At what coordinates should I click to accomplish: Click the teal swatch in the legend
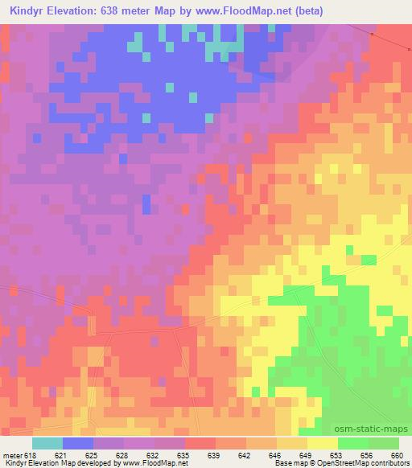pyautogui.click(x=47, y=443)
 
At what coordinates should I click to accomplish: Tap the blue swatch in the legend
pyautogui.click(x=78, y=443)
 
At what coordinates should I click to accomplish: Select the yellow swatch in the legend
pyautogui.click(x=322, y=443)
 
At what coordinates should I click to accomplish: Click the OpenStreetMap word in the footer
pyautogui.click(x=347, y=463)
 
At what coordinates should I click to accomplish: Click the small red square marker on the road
pyautogui.click(x=373, y=35)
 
